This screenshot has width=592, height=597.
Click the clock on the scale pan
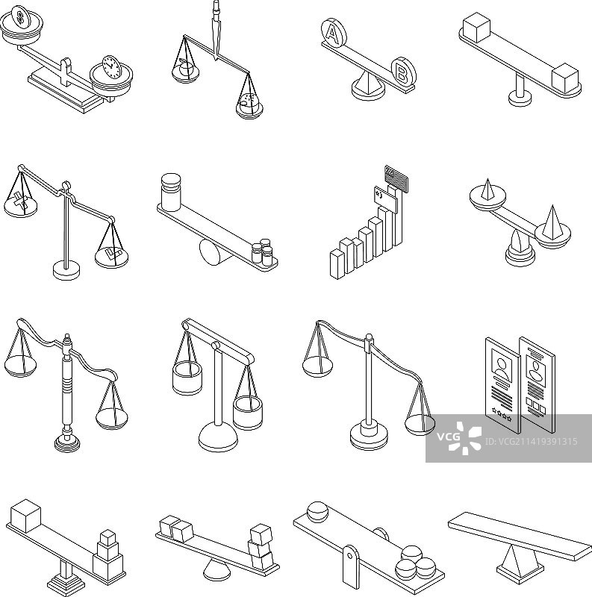point(111,67)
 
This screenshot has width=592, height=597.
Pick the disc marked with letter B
point(404,71)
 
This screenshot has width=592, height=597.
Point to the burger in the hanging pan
point(249,101)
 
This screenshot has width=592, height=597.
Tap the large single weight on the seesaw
point(171,192)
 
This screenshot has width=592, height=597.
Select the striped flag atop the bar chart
point(397,178)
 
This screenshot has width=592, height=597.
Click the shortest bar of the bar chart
point(337,264)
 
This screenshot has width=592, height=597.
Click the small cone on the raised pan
point(486,190)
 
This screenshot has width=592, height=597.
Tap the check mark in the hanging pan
point(113,253)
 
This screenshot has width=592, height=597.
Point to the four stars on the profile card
point(502,413)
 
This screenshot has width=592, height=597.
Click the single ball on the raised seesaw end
point(318,512)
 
